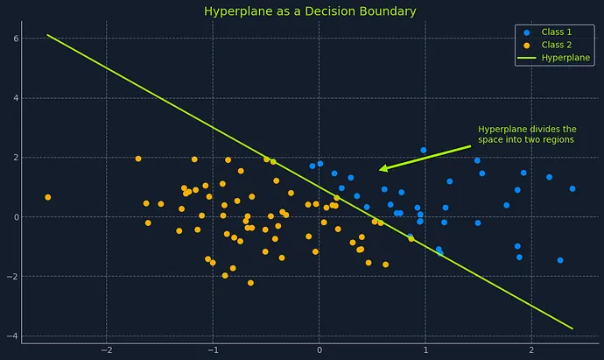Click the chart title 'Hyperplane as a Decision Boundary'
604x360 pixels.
click(310, 11)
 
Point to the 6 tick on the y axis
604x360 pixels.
click(16, 39)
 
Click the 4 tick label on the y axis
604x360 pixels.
click(16, 98)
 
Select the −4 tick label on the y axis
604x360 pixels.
click(13, 336)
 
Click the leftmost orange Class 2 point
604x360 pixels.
click(48, 197)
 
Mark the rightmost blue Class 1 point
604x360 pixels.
click(572, 188)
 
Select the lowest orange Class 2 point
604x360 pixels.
click(250, 283)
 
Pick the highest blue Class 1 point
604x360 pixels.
click(424, 150)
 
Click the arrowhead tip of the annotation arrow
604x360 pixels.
click(379, 170)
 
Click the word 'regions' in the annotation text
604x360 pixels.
click(557, 139)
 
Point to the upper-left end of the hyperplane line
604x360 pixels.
click(47, 35)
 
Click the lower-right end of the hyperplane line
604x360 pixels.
click(572, 328)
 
